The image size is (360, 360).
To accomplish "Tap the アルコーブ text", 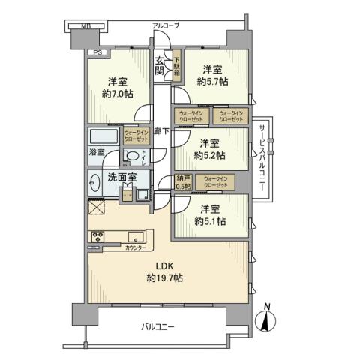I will pyautogui.click(x=166, y=25).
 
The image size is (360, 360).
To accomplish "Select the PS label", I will pyautogui.click(x=97, y=52).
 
